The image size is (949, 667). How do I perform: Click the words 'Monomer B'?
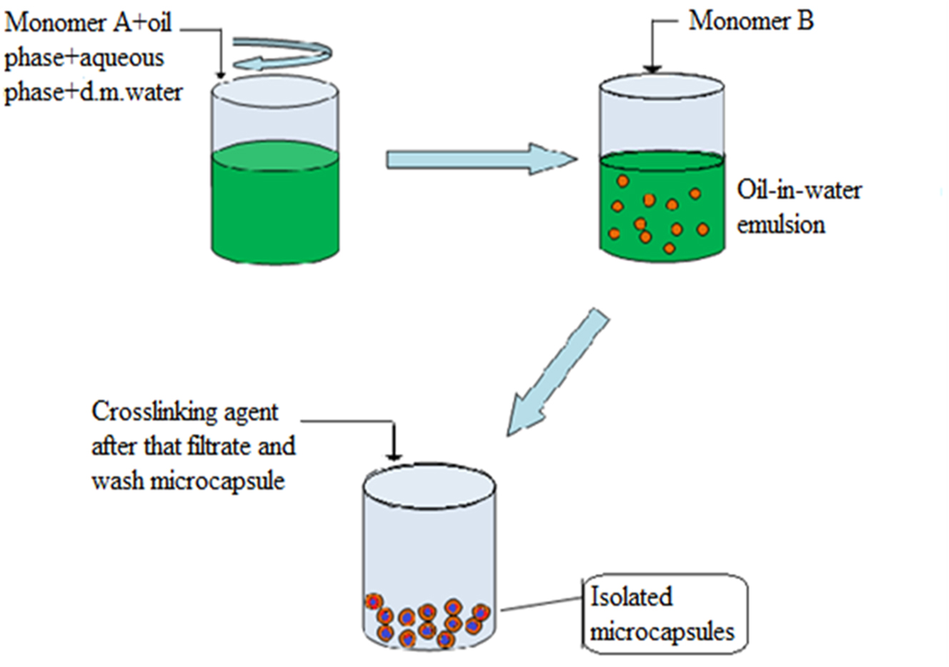click(750, 21)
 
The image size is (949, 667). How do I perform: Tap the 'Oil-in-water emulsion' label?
click(798, 207)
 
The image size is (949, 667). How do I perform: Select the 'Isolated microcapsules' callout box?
click(665, 614)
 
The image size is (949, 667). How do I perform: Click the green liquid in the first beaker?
click(275, 207)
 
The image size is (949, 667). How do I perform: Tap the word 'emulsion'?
click(780, 224)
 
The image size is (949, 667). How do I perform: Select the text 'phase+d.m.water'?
click(93, 91)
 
